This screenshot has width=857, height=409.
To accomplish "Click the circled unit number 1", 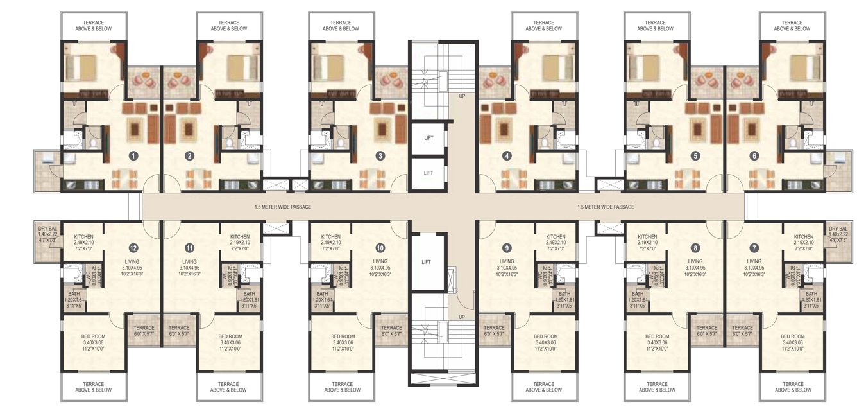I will pos(133,155).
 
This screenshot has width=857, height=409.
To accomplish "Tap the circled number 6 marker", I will pos(754,155).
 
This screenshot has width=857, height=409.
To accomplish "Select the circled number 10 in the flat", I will pos(380,247).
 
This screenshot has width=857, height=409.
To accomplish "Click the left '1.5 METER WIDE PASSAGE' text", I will pos(282,207).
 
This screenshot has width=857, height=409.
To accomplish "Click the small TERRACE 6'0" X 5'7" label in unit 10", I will pos(391,331).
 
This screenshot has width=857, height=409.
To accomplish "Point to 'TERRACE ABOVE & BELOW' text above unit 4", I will pos(543,26).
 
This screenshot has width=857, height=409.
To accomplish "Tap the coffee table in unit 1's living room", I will pos(134,129).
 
